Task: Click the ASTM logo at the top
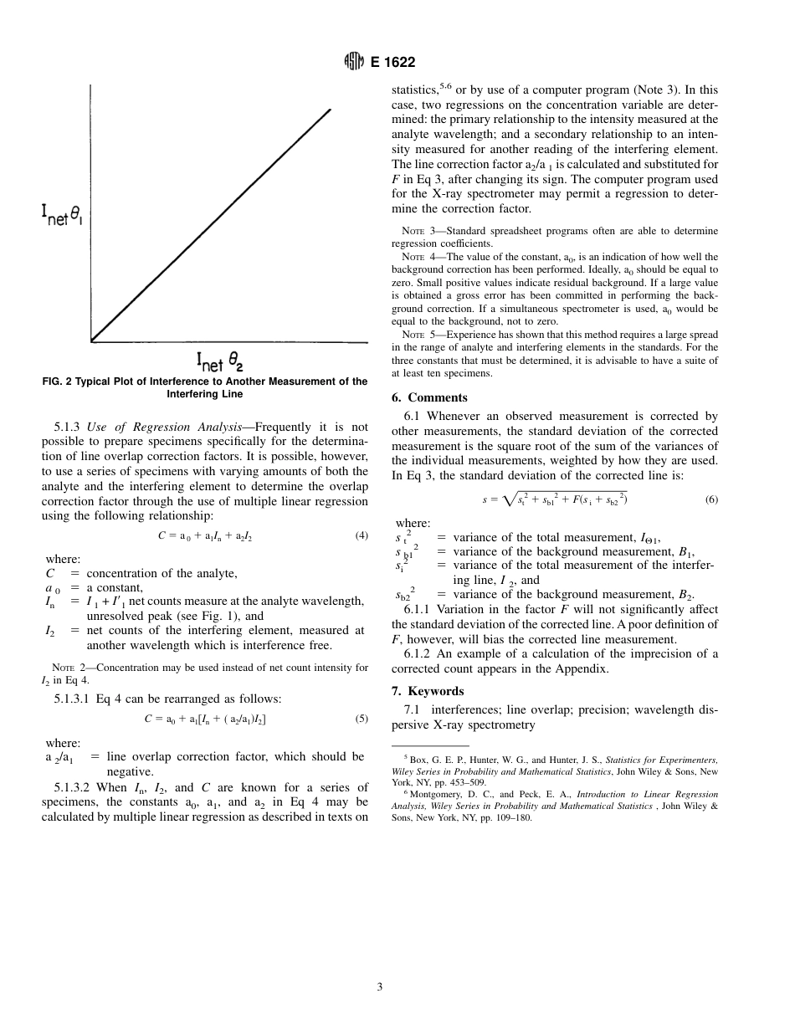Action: [x=354, y=62]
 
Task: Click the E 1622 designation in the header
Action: [x=392, y=62]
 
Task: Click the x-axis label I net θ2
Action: [x=219, y=361]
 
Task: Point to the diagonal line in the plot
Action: [x=209, y=226]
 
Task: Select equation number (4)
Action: [x=362, y=536]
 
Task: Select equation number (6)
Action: [x=711, y=499]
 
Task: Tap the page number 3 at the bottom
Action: [x=379, y=987]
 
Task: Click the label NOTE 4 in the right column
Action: [x=417, y=257]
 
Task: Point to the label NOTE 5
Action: [x=417, y=335]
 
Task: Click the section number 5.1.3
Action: [x=69, y=427]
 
